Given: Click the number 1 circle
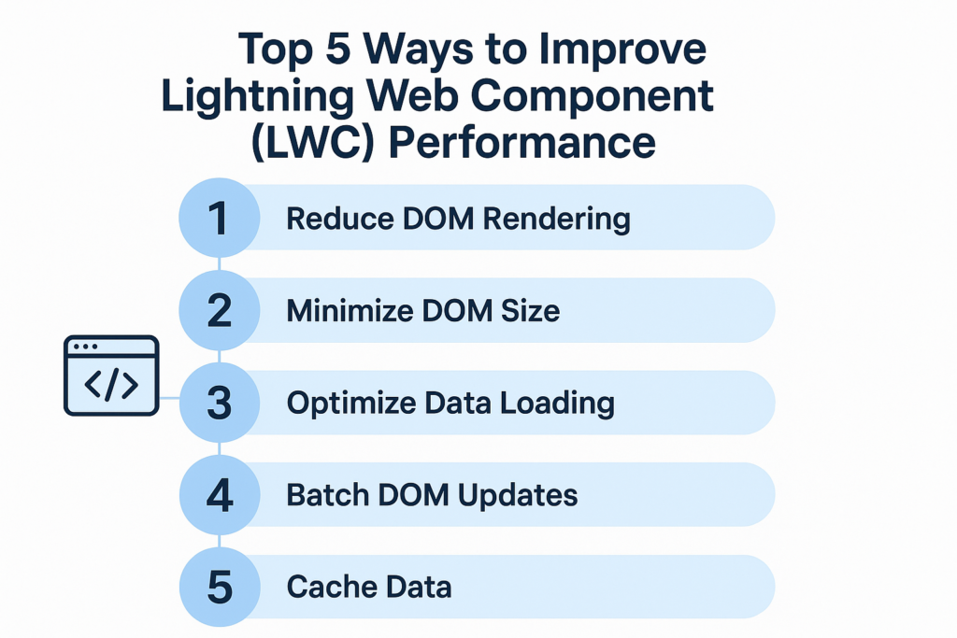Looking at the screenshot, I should click(x=219, y=219).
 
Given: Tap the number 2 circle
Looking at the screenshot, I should click(x=219, y=310).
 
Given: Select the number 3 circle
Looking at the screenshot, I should click(x=219, y=403).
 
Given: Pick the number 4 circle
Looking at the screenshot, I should click(x=219, y=495).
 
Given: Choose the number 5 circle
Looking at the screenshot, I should click(x=219, y=587).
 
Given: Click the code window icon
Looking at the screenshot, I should click(x=111, y=376).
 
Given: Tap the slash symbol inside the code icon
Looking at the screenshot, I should click(x=111, y=386).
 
